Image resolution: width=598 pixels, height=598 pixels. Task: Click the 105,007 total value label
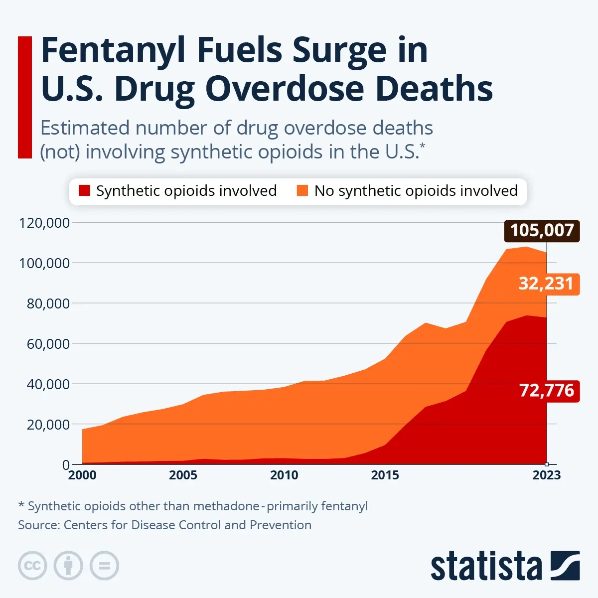pos(542,231)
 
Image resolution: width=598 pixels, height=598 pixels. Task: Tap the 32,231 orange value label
pos(546,284)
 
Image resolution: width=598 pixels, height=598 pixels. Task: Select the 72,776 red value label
pos(547,390)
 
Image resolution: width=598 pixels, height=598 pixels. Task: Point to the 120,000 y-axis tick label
pos(44,223)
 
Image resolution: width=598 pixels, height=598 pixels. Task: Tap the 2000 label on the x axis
pos(82,475)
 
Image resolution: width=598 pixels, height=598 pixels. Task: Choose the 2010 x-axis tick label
pos(284,475)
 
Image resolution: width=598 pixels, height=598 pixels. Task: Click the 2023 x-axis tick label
pos(546,475)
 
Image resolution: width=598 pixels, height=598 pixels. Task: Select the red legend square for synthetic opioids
pos(84,191)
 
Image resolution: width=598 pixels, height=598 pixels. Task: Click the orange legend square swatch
pos(302,191)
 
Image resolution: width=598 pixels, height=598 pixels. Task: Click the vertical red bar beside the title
pos(25,97)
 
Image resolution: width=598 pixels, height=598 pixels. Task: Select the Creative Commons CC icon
pos(32,566)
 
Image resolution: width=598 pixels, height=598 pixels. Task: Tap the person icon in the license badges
pos(68,566)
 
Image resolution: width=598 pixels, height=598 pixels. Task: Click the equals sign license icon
pos(104,566)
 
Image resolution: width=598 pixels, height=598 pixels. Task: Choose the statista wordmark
pos(486,567)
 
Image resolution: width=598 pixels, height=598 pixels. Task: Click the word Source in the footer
pos(38,525)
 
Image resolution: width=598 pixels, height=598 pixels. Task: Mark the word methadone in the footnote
pos(226,506)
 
